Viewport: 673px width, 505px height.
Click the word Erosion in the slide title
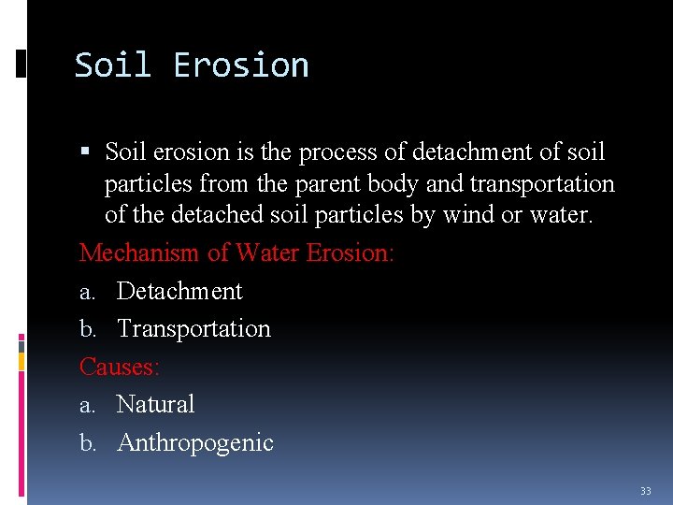pos(241,65)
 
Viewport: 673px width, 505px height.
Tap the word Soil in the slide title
pos(112,65)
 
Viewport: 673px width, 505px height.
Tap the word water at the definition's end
pos(559,214)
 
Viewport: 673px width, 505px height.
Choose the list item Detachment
pos(179,291)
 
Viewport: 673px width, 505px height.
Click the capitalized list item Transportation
pos(193,328)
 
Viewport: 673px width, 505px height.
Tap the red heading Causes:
pos(120,367)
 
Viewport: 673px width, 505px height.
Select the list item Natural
pos(155,404)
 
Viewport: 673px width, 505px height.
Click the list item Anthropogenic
pos(195,442)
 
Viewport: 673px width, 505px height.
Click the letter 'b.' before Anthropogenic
pos(88,443)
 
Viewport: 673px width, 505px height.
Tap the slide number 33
pos(645,491)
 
